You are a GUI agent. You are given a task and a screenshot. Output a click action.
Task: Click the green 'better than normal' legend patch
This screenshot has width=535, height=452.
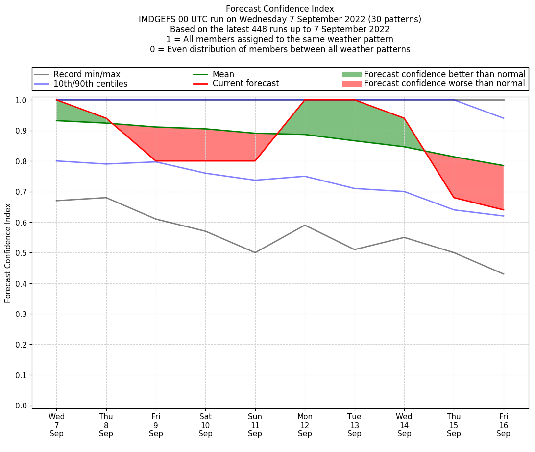coord(352,74)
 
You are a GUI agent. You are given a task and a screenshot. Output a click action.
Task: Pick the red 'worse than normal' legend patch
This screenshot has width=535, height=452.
coord(352,84)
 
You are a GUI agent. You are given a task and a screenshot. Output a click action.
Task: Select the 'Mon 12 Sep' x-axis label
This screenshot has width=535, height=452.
coord(305,425)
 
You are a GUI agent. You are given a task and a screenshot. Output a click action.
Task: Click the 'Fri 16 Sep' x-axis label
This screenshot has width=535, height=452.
coord(504,425)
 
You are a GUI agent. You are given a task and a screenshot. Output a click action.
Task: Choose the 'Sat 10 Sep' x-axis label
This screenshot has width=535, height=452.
coord(205,425)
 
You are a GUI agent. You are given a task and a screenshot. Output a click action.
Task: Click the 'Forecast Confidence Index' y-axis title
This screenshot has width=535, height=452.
coord(8,253)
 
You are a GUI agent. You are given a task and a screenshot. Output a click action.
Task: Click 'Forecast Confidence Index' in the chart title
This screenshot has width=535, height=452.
coord(280,9)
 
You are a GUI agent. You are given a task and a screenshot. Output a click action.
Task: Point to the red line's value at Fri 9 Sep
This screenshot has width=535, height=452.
coord(156,161)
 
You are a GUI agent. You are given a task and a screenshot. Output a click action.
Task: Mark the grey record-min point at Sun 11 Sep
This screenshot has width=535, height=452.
coord(255,252)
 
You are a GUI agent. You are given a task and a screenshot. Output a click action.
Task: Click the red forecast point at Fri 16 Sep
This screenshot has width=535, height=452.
coord(504,210)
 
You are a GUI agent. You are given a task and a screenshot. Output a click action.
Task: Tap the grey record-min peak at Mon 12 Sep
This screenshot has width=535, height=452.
coord(305,225)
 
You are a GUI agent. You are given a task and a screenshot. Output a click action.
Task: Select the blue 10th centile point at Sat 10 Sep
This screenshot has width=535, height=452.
coord(205,173)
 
